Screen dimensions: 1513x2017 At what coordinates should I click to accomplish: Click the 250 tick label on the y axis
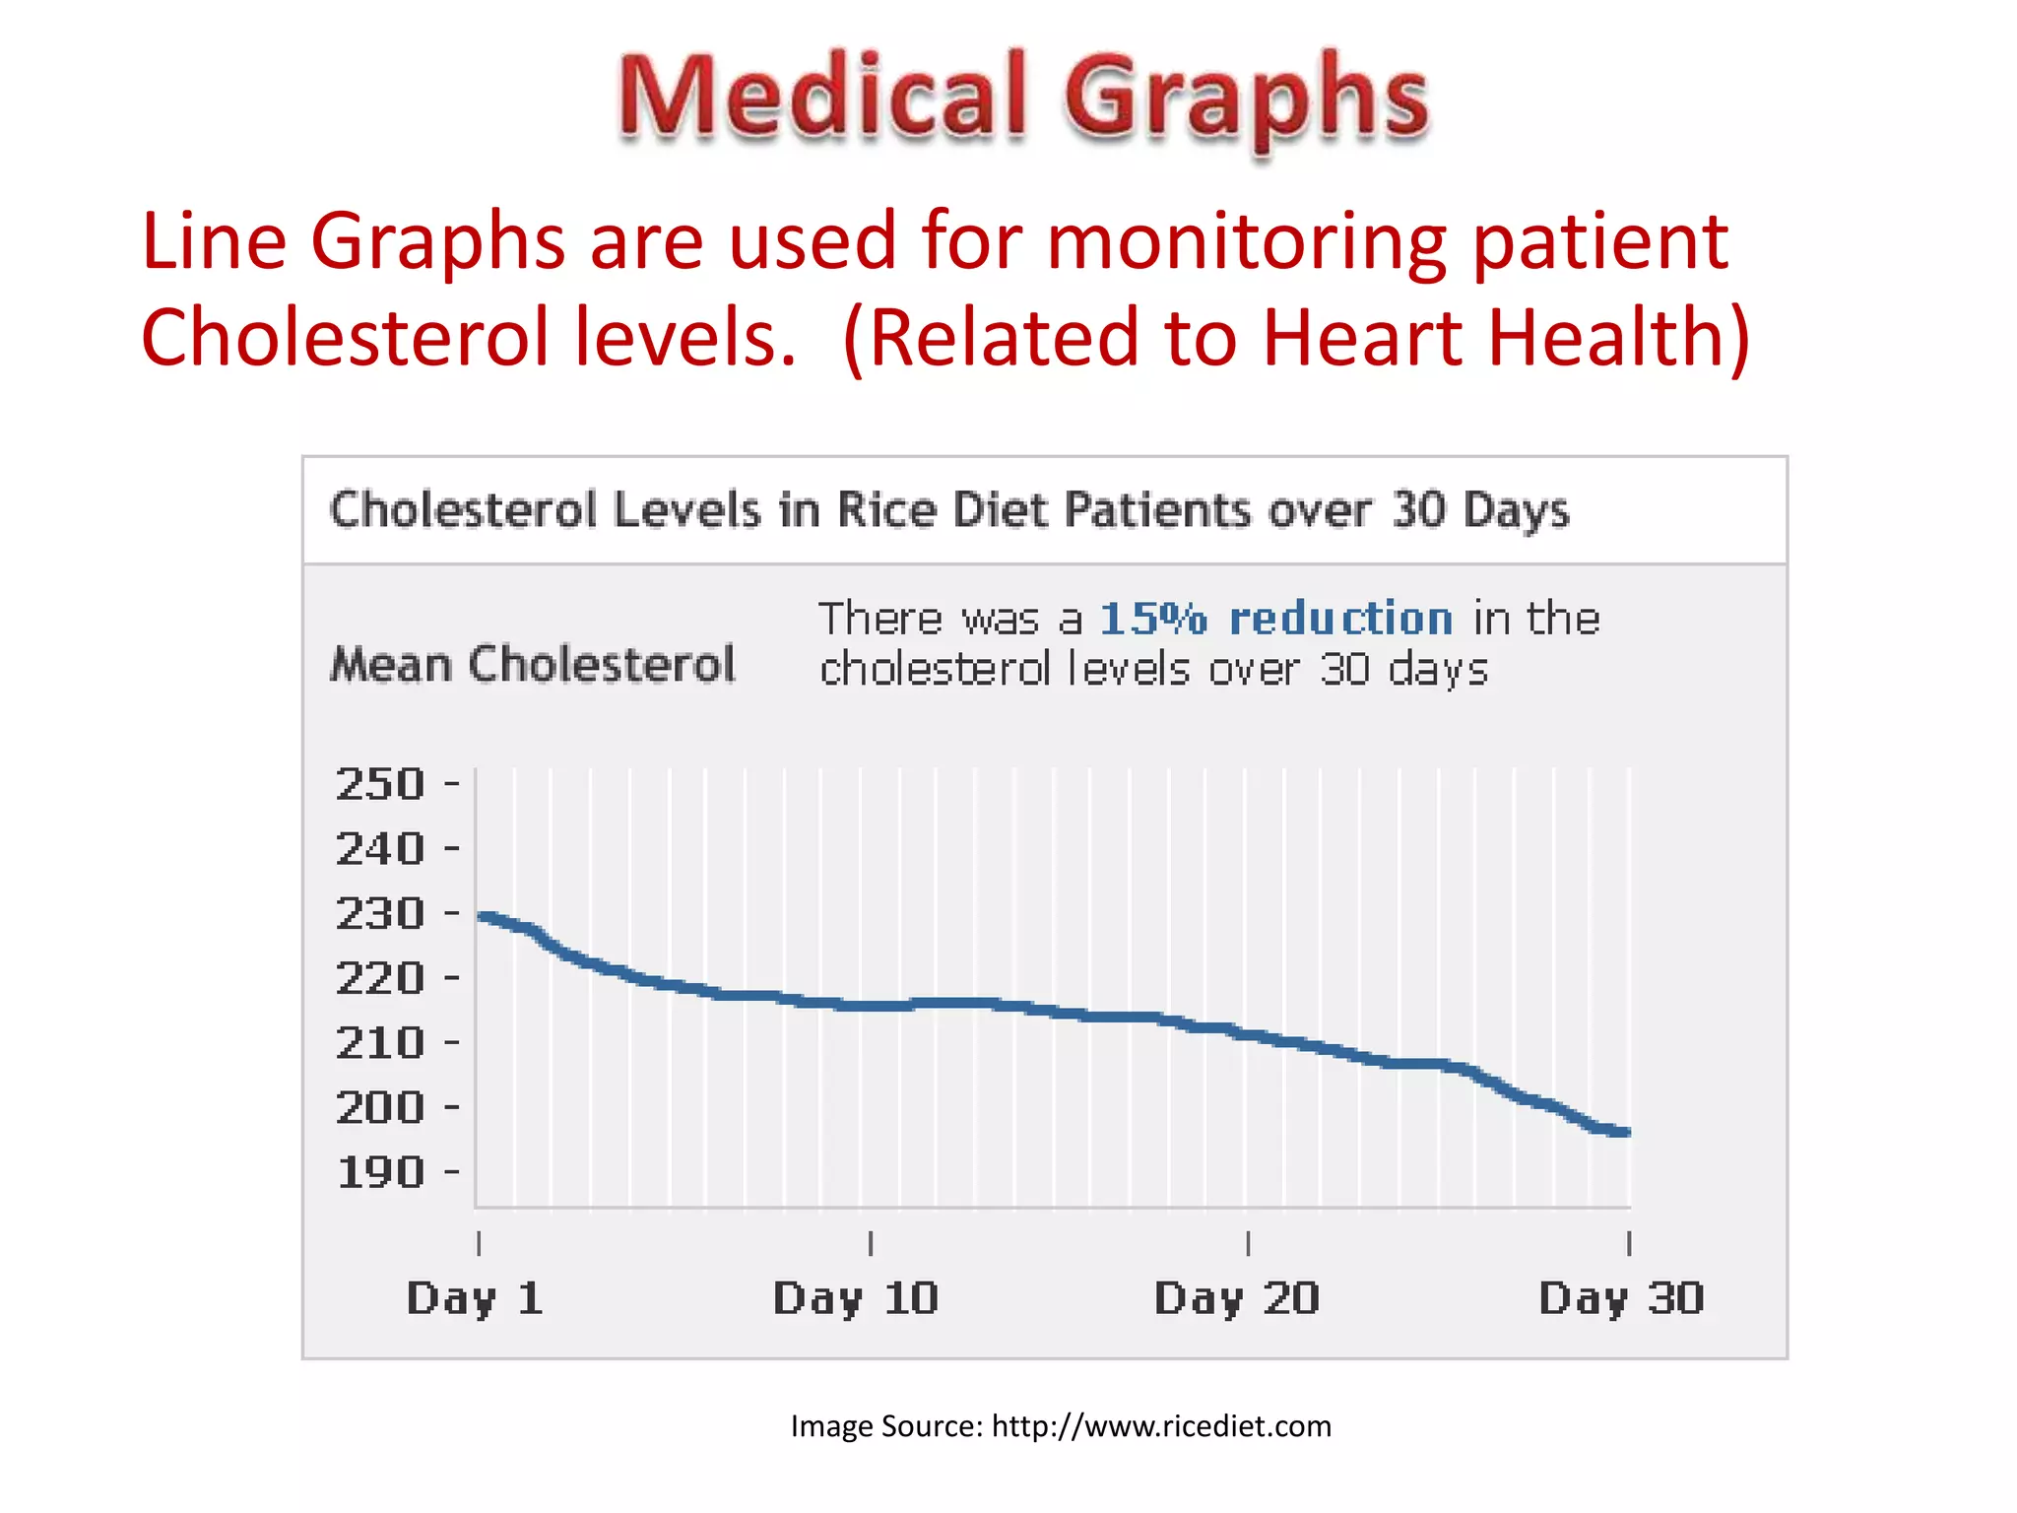(380, 785)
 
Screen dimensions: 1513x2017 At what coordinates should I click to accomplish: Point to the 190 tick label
(380, 1173)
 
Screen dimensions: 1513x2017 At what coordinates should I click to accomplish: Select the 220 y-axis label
(380, 979)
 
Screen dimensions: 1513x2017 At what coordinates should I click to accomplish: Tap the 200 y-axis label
(380, 1108)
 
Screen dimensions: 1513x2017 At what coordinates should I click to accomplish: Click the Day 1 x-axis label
(475, 1299)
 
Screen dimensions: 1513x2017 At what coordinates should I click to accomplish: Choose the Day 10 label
(855, 1299)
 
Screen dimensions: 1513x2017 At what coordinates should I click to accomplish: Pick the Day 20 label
(1236, 1299)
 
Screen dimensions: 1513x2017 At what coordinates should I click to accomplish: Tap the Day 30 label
(1621, 1299)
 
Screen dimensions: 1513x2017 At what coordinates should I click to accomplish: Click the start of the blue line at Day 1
(483, 917)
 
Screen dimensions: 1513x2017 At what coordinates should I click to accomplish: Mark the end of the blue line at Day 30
(1626, 1133)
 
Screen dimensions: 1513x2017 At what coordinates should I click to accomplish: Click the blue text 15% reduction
(1275, 620)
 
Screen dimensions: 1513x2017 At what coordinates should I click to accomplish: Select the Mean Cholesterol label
(533, 665)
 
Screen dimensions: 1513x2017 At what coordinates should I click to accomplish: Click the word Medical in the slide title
(823, 99)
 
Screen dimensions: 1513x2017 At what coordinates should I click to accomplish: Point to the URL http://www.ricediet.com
(1161, 1426)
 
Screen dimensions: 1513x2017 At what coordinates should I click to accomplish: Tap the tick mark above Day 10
(871, 1243)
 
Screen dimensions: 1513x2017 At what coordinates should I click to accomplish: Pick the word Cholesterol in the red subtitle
(345, 338)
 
